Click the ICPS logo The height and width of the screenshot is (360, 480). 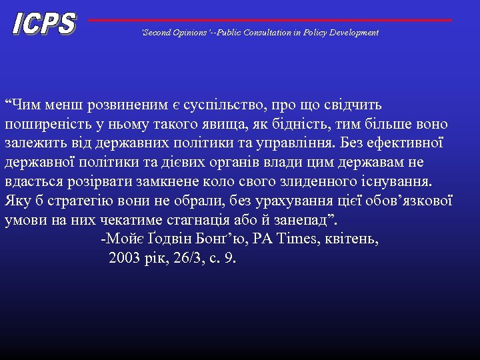click(x=43, y=24)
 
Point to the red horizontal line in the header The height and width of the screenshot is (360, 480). click(x=270, y=20)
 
